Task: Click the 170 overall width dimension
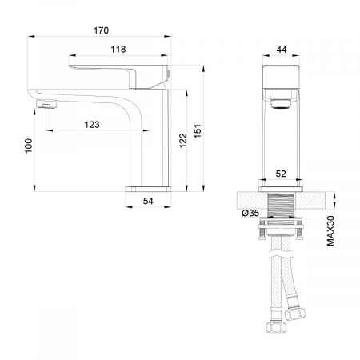[101, 30]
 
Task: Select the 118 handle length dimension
[118, 50]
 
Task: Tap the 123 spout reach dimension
[92, 125]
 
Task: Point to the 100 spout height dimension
[29, 146]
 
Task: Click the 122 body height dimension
[183, 140]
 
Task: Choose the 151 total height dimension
[198, 131]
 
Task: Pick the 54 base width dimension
[148, 201]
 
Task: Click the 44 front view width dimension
[282, 50]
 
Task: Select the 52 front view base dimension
[281, 174]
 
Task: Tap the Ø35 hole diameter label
[250, 213]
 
